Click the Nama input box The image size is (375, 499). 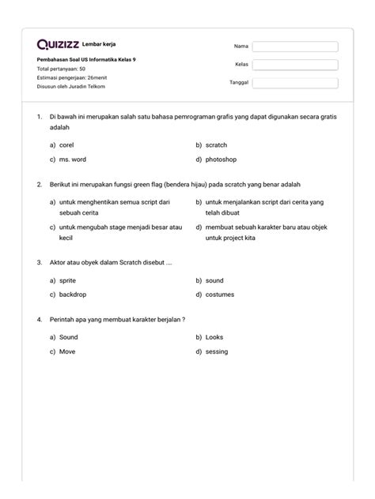click(x=294, y=47)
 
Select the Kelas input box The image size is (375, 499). click(x=294, y=65)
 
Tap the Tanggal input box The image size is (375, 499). click(x=294, y=83)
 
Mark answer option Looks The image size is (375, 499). click(x=214, y=336)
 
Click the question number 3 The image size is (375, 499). click(x=39, y=261)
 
